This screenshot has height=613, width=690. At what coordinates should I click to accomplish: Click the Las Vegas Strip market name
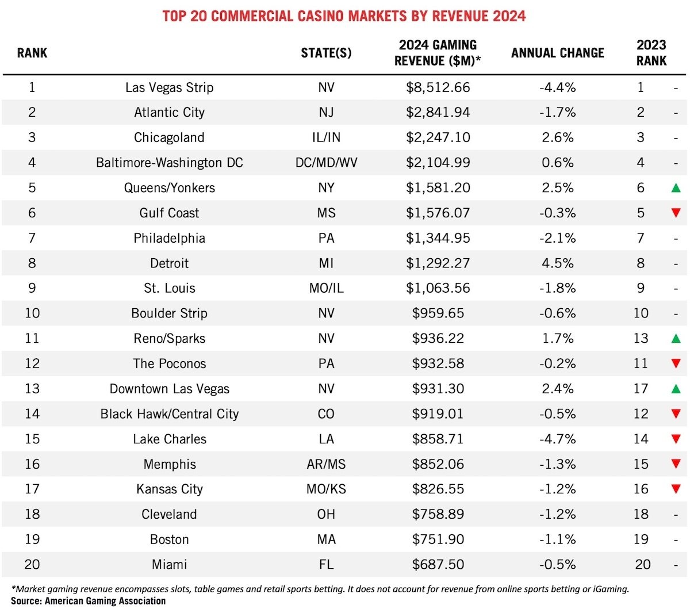coord(169,87)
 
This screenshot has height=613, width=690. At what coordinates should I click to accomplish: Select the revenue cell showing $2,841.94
coord(438,112)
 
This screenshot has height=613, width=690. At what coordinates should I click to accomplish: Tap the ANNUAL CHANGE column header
coord(557,53)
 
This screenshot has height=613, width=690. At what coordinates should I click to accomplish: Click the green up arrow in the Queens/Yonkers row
coord(676,187)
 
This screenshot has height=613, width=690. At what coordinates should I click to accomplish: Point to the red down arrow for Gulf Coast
coord(676,213)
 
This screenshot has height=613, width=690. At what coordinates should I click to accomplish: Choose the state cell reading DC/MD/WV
coord(326,163)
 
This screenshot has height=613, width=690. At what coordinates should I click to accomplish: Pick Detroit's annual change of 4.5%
coord(557,263)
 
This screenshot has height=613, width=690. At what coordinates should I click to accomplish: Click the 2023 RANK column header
coord(651,53)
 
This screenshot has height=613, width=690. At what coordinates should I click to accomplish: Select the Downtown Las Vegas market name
coord(169,389)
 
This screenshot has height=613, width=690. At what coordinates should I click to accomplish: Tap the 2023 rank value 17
coord(641,389)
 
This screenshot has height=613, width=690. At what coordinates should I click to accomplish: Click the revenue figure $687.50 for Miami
coord(438,565)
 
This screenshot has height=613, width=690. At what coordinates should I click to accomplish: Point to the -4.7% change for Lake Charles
coord(557,439)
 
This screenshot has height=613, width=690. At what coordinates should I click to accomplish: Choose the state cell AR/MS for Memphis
coord(326,464)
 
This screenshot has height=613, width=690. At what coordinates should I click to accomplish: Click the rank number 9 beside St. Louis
coord(32,288)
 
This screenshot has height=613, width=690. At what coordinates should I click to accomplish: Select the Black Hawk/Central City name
coord(169,414)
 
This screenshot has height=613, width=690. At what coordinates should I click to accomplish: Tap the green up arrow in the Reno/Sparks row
coord(676,339)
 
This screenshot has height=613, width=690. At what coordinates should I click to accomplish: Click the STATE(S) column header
coord(326,53)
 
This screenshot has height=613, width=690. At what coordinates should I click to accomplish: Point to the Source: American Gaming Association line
coord(88,601)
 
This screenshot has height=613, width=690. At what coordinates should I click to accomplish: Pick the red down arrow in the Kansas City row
coord(676,489)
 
